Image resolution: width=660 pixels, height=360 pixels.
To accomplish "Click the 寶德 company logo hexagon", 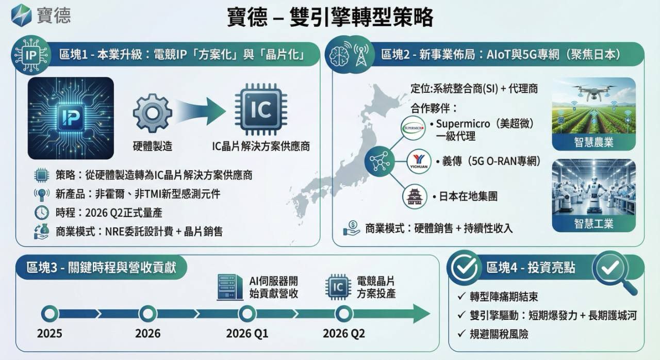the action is coord(21,15).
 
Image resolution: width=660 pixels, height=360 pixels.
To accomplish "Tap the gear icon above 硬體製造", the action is coord(152,113).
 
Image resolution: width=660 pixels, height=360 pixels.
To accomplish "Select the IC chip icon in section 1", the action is coord(261,109).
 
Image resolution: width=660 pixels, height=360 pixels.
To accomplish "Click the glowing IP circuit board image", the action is coord(71,118).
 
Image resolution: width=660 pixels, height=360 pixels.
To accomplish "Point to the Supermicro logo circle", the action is coord(413,128).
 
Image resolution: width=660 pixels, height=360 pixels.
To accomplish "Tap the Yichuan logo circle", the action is coord(419,161).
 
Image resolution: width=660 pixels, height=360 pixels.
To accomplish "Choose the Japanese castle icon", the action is coord(415,197).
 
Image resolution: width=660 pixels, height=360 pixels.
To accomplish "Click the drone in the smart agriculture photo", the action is coord(593,91).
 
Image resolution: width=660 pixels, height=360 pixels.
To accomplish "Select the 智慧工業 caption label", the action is coord(593,224).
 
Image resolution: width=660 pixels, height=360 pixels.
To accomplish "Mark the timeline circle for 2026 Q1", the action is coord(247,314).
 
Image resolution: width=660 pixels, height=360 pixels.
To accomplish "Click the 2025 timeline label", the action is coord(49,334).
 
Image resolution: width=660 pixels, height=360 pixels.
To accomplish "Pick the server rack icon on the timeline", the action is coord(230,287).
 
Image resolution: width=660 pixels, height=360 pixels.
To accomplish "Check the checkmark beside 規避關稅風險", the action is coord(461,334).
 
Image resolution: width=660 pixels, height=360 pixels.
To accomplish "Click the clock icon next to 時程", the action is coord(42,212).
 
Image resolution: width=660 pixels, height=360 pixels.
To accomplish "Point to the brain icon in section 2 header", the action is coord(339,55).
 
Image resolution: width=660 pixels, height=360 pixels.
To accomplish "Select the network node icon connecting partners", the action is coord(379,161).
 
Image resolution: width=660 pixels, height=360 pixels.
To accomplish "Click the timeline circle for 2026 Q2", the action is coord(343,314).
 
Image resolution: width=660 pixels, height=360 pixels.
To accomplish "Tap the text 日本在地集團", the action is coord(468,196).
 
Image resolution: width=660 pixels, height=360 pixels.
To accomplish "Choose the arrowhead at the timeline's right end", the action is coord(421,314).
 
